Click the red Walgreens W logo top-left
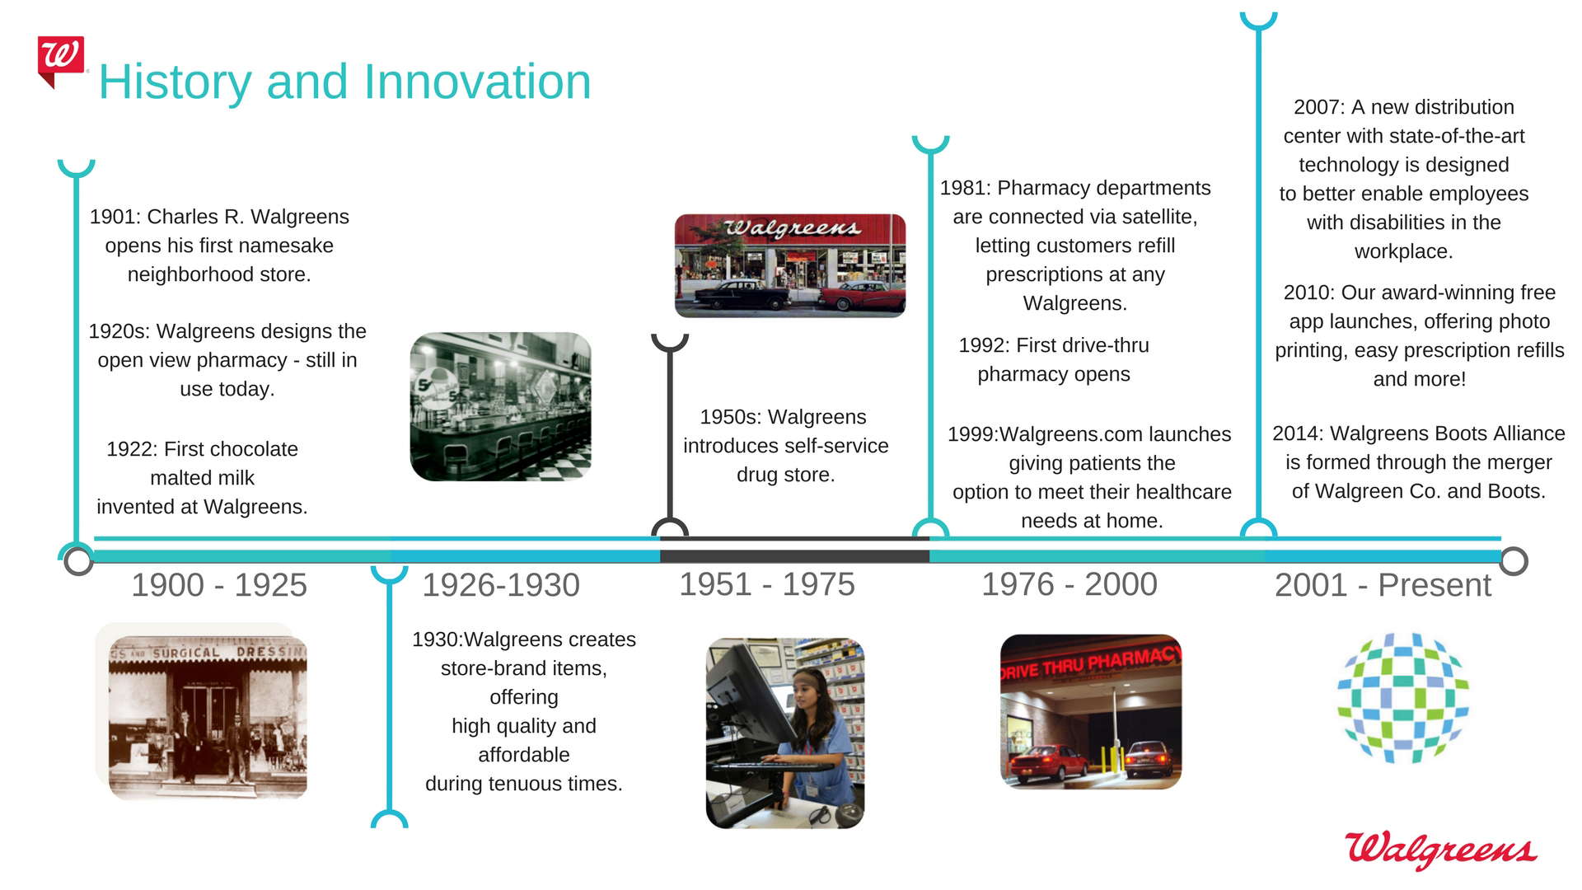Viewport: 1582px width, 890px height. click(x=60, y=60)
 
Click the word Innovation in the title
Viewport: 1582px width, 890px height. click(x=477, y=82)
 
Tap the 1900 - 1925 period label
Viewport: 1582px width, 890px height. click(x=219, y=585)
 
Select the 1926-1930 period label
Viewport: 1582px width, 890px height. click(x=501, y=585)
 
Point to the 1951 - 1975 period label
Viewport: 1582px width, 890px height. click(x=767, y=584)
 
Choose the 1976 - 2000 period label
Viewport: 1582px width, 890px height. click(x=1069, y=584)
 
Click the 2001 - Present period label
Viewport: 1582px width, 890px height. click(x=1383, y=585)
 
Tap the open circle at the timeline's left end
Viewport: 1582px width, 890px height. click(x=78, y=560)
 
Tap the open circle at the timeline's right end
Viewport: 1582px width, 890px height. click(x=1514, y=560)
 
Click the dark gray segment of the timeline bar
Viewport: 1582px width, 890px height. click(x=794, y=556)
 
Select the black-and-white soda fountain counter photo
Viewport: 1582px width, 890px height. click(x=501, y=406)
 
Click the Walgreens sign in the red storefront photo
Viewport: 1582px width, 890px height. click(x=792, y=228)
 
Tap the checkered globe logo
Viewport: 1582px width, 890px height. click(x=1402, y=697)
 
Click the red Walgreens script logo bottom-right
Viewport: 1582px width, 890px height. click(x=1441, y=850)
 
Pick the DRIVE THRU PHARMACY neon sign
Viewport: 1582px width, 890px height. click(x=1091, y=663)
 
